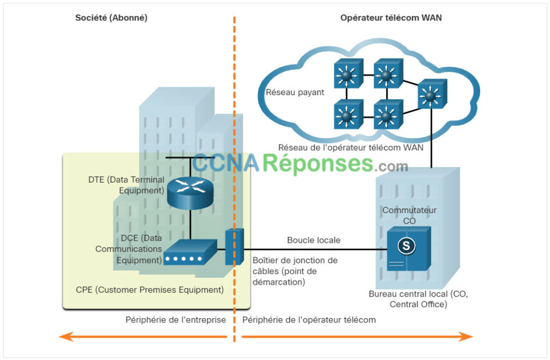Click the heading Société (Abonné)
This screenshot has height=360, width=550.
[x=111, y=18]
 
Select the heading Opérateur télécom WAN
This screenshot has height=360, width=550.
[x=391, y=18]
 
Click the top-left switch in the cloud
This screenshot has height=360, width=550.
[x=348, y=74]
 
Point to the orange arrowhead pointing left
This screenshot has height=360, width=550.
[x=67, y=337]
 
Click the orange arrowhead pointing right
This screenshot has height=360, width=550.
[x=465, y=337]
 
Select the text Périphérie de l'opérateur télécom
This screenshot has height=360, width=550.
[x=309, y=320]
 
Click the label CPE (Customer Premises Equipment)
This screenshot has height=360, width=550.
[x=149, y=290]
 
